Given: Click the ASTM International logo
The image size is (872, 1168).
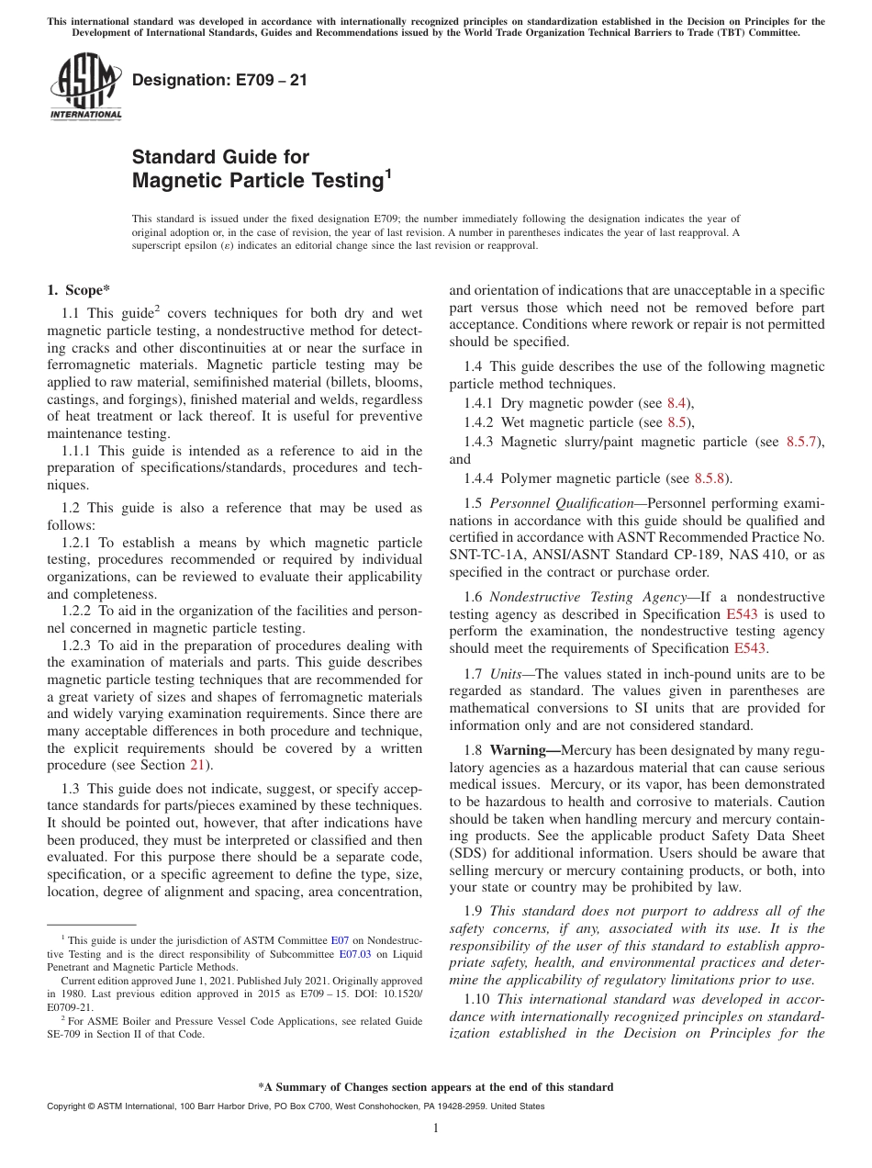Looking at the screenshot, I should pyautogui.click(x=85, y=86).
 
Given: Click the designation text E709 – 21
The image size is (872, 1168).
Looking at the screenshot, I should pyautogui.click(x=219, y=81).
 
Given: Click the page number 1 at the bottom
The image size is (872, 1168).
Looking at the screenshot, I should pyautogui.click(x=436, y=1129).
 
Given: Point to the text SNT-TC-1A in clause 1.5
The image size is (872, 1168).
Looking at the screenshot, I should pyautogui.click(x=484, y=556).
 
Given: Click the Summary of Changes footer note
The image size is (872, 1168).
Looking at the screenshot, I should pyautogui.click(x=435, y=1087).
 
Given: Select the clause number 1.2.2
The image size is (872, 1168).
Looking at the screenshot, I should pyautogui.click(x=77, y=611).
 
